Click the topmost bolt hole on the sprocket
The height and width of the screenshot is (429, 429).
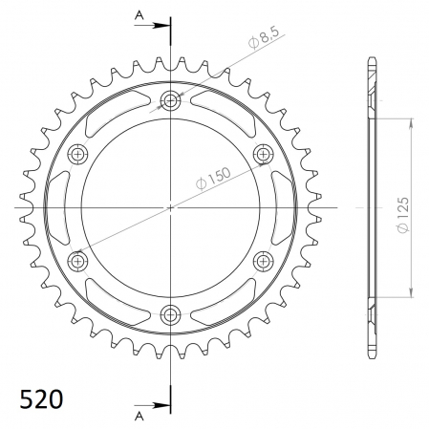171,100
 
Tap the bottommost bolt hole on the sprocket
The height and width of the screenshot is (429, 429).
171,313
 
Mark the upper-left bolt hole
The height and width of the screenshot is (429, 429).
78,154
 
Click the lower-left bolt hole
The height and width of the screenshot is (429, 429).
78,260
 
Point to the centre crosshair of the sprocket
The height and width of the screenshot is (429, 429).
171,207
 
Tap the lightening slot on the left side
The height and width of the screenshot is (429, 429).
58,206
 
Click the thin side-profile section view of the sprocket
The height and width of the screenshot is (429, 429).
370,207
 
